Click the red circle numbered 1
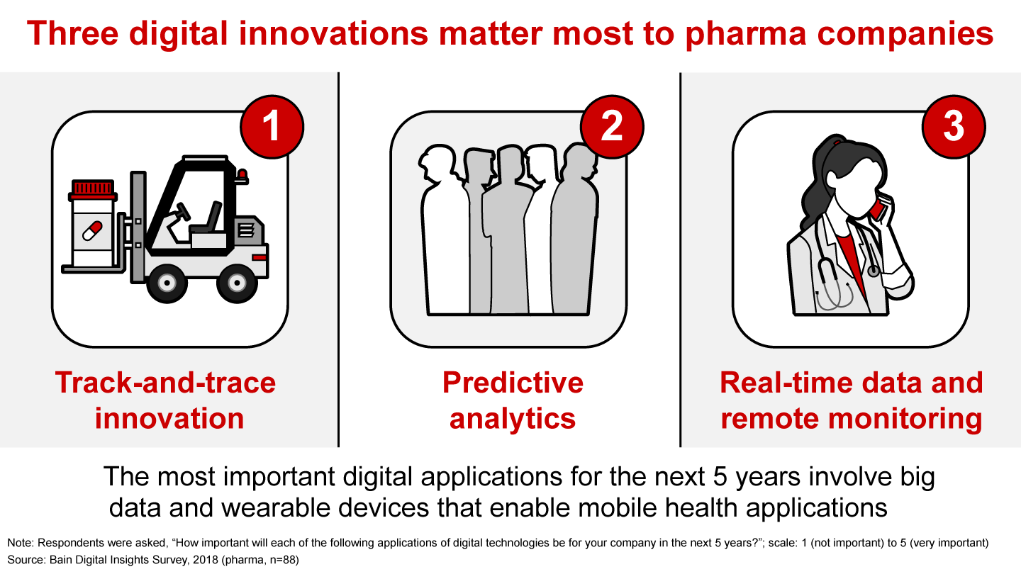(x=271, y=127)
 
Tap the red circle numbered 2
(x=612, y=127)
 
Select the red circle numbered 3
(x=953, y=127)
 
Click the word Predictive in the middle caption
(x=513, y=383)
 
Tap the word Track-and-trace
(x=165, y=383)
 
